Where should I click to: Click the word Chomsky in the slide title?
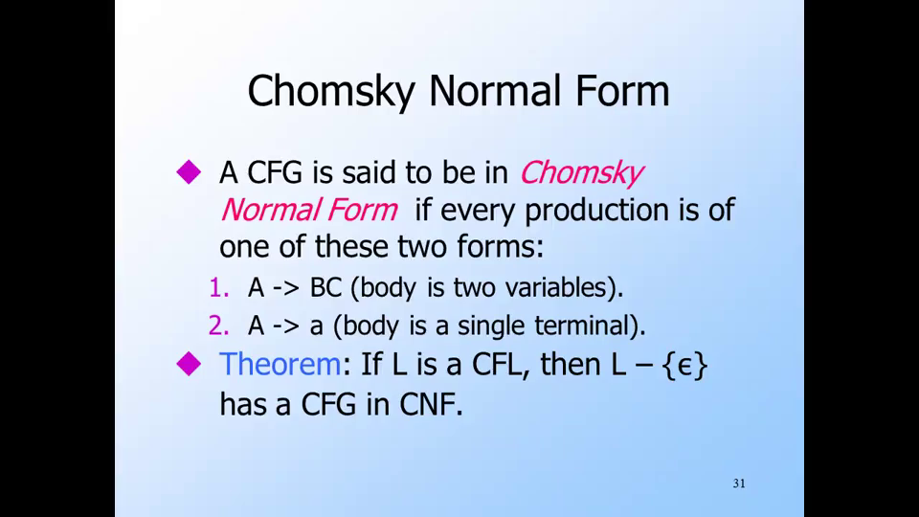tap(331, 92)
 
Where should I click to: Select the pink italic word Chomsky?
tap(581, 173)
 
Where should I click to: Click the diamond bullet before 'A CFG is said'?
tap(189, 171)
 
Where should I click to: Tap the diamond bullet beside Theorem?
tap(189, 364)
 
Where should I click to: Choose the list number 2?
tap(218, 326)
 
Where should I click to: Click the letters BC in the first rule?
tap(325, 288)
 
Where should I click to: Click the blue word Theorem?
tap(280, 364)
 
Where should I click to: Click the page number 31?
tap(739, 483)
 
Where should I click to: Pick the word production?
tap(596, 211)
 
